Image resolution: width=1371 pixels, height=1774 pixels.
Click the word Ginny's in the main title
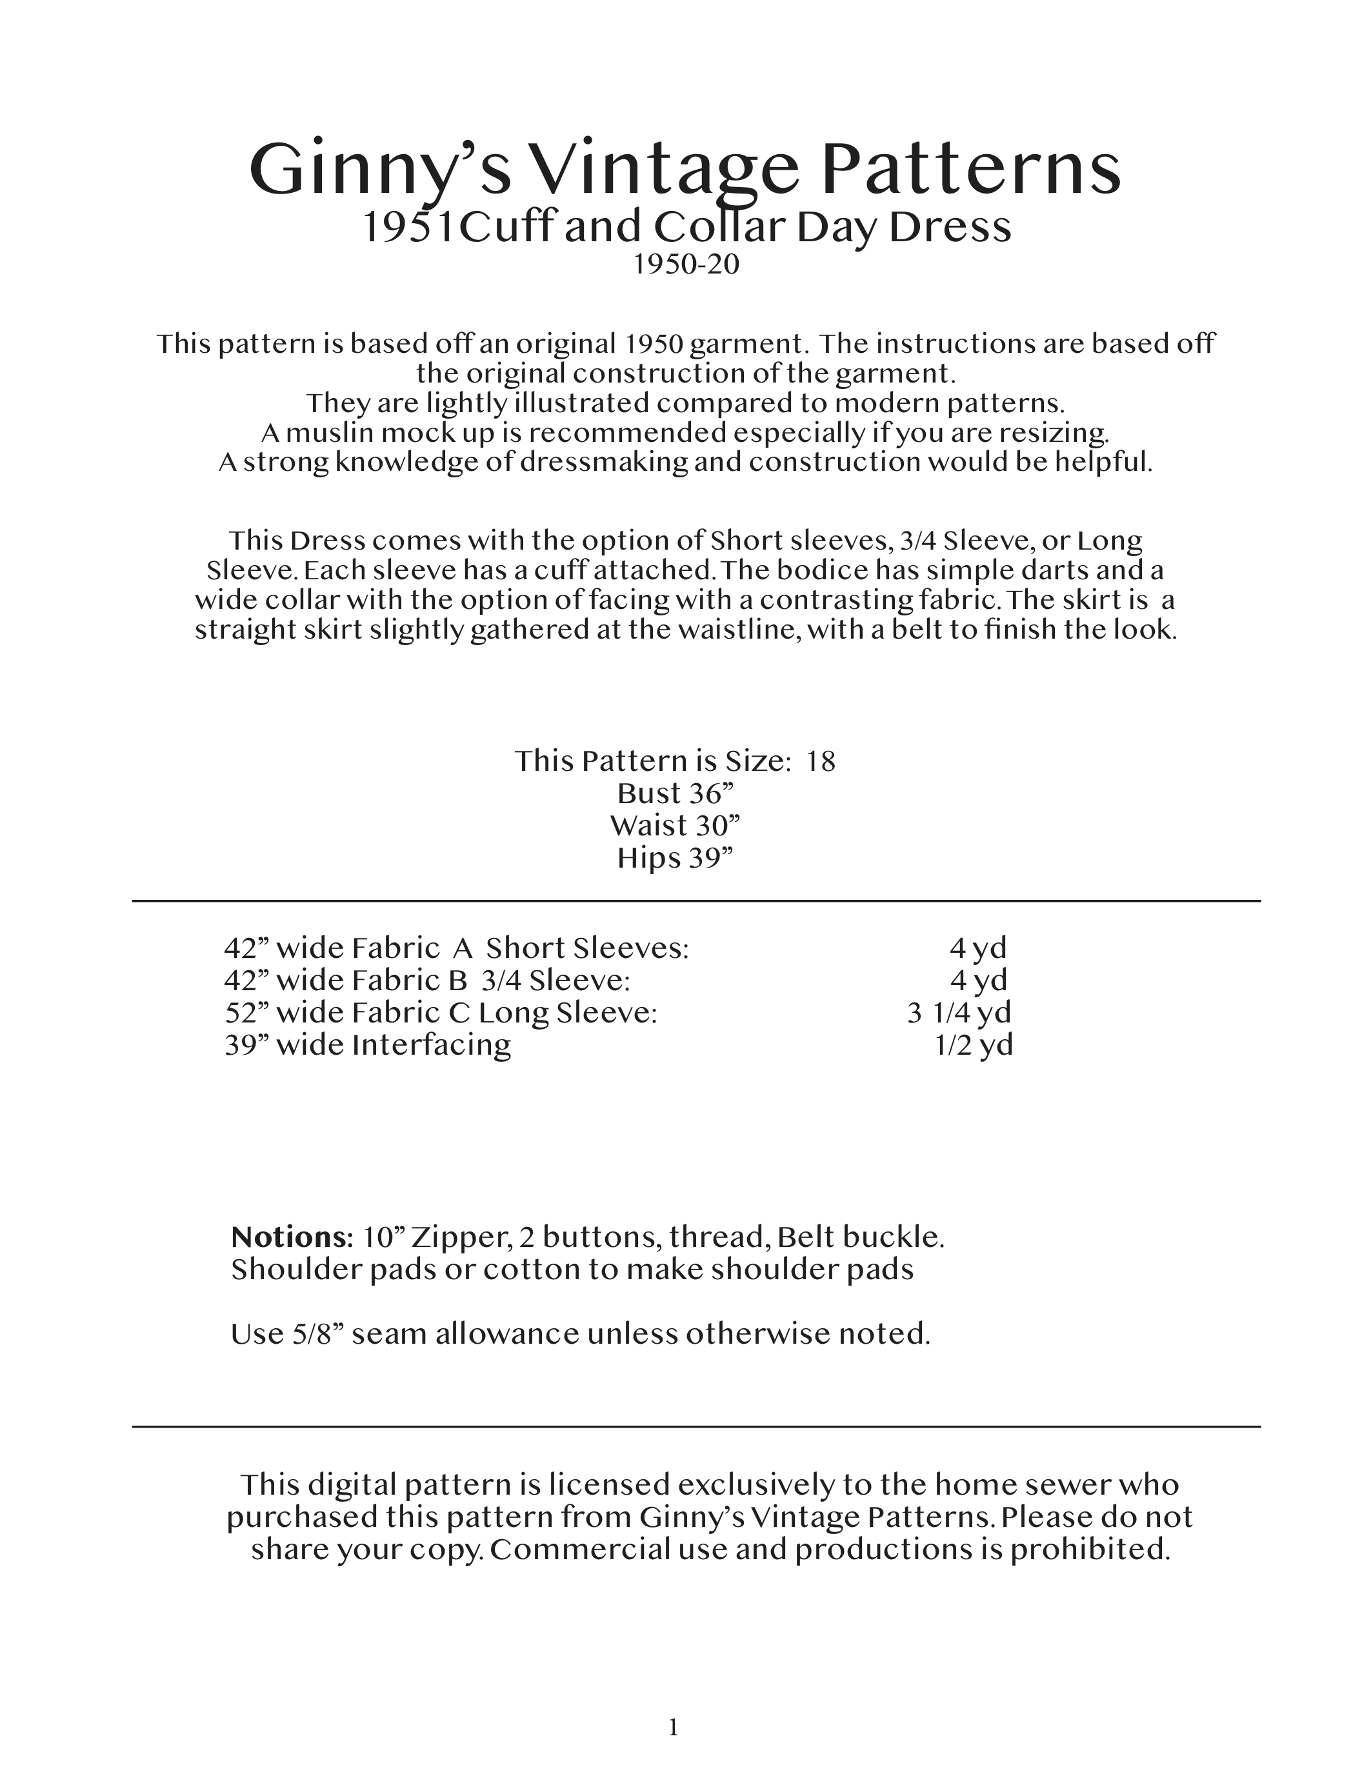[379, 170]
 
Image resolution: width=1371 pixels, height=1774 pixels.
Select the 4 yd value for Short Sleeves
[978, 948]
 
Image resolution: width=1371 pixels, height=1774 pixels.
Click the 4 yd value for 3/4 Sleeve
[978, 981]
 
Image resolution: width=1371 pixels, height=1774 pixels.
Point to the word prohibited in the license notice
[1089, 1550]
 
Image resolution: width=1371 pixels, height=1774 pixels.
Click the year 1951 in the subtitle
[408, 228]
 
